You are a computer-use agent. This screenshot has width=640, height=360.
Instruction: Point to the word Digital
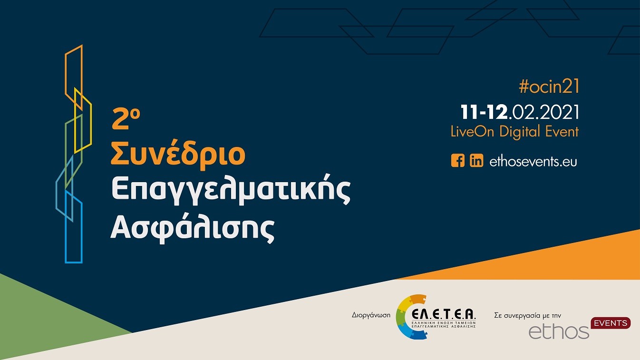520,132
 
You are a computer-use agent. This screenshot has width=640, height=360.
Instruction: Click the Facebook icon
457,161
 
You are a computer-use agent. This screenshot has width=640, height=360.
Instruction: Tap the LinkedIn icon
476,161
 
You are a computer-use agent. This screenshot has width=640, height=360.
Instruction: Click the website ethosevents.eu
533,161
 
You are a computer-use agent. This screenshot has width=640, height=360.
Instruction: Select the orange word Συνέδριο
178,155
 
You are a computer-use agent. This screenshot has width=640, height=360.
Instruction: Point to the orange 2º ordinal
125,119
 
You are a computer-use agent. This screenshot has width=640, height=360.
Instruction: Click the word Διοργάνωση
371,315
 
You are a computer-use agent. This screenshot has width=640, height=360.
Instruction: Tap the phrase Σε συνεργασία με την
528,315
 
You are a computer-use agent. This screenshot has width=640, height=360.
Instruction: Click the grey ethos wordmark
559,331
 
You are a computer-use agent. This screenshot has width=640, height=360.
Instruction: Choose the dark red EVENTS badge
611,323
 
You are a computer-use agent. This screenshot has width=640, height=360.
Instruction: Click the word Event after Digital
562,132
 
